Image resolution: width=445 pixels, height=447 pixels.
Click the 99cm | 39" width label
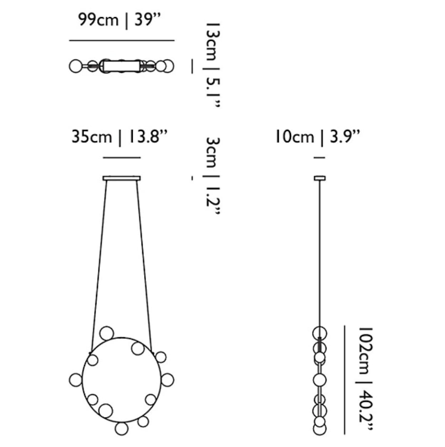pyautogui.click(x=120, y=20)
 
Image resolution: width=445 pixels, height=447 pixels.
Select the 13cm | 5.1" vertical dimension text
pyautogui.click(x=213, y=65)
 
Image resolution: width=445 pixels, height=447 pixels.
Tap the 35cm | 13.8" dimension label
pyautogui.click(x=119, y=137)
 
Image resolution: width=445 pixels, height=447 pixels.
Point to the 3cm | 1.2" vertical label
pyautogui.click(x=213, y=176)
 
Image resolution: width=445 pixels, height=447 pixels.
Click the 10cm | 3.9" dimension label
pyautogui.click(x=317, y=137)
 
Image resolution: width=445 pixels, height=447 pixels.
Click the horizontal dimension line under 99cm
pyautogui.click(x=122, y=40)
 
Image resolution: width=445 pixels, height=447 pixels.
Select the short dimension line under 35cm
pyautogui.click(x=122, y=157)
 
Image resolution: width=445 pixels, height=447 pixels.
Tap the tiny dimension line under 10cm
pyautogui.click(x=319, y=157)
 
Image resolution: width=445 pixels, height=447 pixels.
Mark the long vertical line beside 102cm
pyautogui.click(x=345, y=380)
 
